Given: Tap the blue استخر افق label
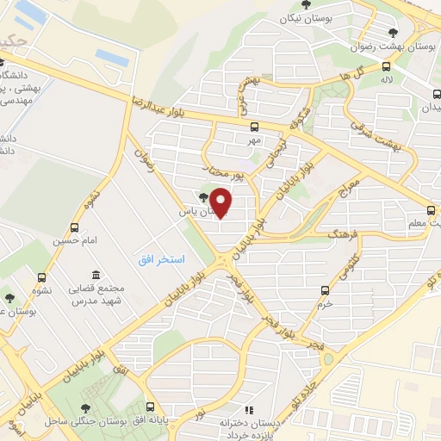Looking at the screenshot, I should (158, 258).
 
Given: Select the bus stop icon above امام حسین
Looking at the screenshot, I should (76, 228).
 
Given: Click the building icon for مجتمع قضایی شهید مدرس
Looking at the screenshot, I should (93, 273).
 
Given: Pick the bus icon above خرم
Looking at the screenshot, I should (325, 290).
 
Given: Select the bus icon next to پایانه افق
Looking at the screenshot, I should (151, 407).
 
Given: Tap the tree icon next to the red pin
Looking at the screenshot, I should (203, 197).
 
